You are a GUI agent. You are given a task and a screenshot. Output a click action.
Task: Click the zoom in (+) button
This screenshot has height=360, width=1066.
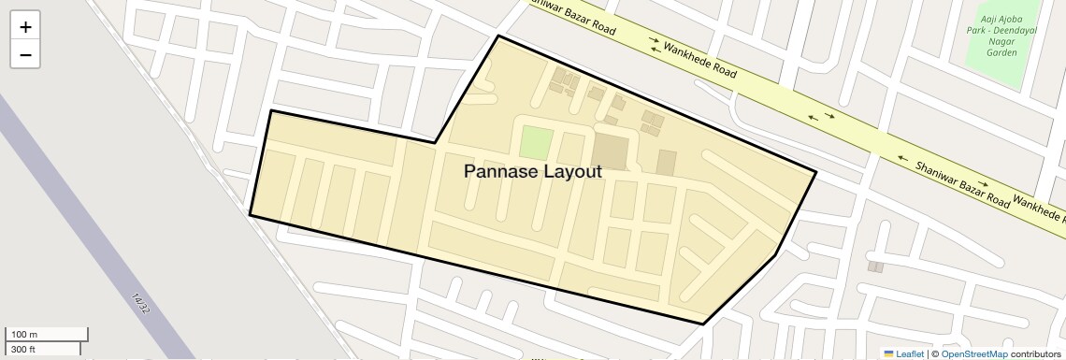[25, 27]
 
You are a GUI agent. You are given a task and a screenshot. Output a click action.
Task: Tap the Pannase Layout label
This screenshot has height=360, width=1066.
[532, 172]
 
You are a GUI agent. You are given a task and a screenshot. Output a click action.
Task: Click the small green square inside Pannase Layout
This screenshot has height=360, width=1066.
[535, 143]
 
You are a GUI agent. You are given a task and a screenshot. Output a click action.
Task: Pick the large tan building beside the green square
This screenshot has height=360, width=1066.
[610, 151]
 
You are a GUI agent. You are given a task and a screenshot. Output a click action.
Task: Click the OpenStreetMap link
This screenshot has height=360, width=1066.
[974, 353]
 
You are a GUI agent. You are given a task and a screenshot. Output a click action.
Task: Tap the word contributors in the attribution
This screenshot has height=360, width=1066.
[1036, 353]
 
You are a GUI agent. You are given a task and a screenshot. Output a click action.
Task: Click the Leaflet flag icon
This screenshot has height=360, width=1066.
[889, 353]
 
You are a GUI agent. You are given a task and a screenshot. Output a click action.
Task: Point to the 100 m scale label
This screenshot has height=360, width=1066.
[23, 335]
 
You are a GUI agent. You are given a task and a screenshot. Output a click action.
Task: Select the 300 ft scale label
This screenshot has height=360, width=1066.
[23, 349]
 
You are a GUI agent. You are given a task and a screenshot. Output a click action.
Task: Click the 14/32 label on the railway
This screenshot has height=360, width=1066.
[141, 303]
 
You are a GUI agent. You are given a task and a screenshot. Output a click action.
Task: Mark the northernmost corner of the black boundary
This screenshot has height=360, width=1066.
[498, 36]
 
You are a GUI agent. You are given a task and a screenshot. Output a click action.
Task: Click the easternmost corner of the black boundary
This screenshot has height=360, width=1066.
[815, 172]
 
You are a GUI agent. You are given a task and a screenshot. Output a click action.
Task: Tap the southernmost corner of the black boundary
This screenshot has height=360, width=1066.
[703, 324]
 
